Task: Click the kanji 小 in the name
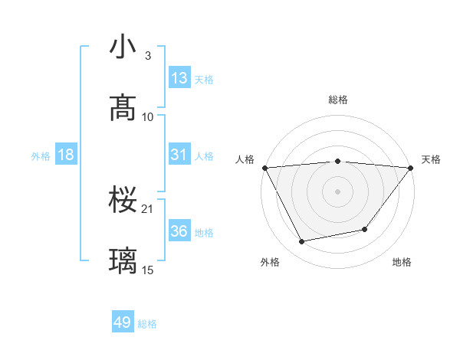[123, 47]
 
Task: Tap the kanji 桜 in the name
[123, 201]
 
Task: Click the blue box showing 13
[179, 78]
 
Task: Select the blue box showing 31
[179, 155]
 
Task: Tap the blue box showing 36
[179, 231]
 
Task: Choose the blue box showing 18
[66, 155]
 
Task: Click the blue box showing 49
[123, 322]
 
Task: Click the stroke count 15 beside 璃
[148, 270]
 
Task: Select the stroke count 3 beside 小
[148, 55]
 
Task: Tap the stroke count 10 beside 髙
[148, 116]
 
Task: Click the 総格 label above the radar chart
[337, 100]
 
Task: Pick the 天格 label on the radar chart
[431, 159]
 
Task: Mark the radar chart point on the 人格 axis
[264, 167]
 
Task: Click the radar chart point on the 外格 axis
[301, 242]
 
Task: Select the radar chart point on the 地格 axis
[365, 229]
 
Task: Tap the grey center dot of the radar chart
[337, 191]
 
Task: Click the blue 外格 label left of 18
[41, 156]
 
